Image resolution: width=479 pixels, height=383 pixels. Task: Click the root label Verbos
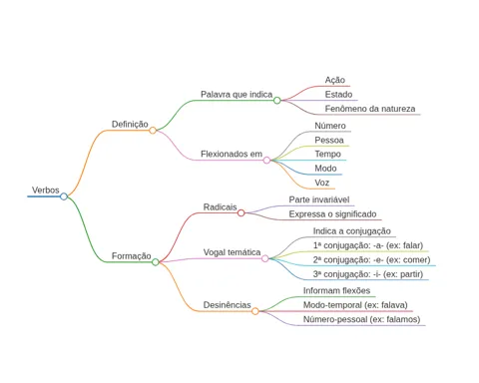46,191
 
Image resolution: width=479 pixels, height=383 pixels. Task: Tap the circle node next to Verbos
64,196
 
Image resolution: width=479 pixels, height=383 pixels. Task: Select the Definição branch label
130,125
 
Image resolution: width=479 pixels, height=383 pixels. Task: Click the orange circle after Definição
153,131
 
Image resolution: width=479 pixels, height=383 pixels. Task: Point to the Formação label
132,256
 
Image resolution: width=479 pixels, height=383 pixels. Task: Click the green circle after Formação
156,262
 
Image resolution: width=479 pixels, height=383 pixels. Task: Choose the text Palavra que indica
237,95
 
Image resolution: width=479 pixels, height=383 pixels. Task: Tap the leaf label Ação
335,80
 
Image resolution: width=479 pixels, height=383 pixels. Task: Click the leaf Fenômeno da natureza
370,109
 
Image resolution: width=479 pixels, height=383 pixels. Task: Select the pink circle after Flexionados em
266,161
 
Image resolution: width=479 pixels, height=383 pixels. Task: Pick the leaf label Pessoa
329,141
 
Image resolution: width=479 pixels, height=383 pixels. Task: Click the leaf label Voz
322,183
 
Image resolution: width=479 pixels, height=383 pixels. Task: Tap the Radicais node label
220,207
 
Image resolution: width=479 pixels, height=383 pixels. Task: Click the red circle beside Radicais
241,212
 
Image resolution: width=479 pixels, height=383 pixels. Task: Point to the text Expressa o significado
332,214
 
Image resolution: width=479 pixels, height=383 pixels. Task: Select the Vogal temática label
232,252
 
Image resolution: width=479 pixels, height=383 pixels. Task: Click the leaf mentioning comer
371,260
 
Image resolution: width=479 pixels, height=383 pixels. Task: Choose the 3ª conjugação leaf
368,274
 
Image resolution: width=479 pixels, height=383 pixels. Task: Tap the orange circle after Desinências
255,311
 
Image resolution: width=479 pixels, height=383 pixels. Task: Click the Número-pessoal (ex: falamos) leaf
361,319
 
